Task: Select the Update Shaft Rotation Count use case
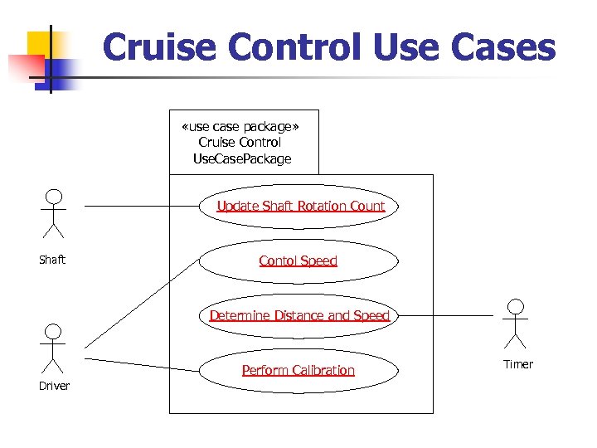coord(300,207)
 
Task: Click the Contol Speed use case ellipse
coord(298,261)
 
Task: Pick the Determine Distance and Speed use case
coord(298,316)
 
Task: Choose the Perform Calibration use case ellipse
coord(298,371)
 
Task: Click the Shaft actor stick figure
coord(53,214)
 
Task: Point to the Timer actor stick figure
coord(516,324)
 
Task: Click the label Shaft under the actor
coord(52,261)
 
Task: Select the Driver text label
coord(54,386)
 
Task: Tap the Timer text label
coord(518,364)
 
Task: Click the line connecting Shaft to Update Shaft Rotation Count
coord(141,206)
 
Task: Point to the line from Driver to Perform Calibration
coord(141,363)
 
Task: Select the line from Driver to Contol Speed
coord(141,303)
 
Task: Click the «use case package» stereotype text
coord(240,127)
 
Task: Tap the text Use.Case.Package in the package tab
coord(241,159)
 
